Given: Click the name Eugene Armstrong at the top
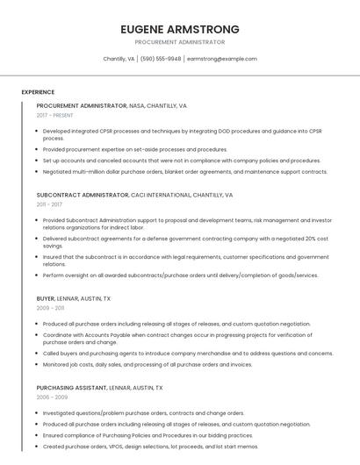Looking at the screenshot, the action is [180, 29].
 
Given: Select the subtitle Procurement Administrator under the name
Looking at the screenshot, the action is [180, 42].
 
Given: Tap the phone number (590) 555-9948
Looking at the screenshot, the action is [161, 59].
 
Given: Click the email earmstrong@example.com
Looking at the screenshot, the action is [222, 59].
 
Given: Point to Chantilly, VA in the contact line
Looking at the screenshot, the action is [119, 59].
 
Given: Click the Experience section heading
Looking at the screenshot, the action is [38, 92].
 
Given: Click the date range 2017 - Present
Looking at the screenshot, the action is [55, 115].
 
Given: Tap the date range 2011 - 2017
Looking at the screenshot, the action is [50, 204].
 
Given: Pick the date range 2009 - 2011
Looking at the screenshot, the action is [51, 308].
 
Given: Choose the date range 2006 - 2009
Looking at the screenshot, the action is [51, 397].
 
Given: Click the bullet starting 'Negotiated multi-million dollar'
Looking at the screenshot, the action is [184, 172].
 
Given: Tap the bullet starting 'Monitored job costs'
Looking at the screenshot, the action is [148, 364].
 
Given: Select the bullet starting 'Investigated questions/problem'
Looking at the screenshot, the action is [143, 413].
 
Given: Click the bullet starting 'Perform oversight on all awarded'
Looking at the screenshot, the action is [180, 275].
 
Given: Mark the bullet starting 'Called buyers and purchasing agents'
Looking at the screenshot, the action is [187, 354].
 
